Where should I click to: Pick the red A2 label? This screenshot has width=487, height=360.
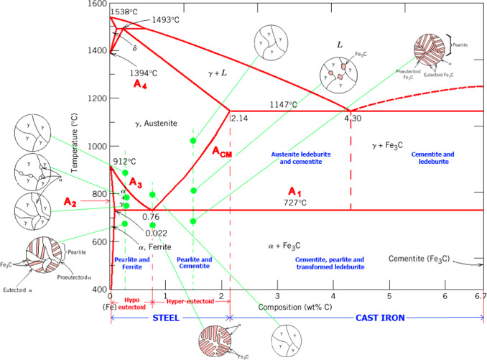69,201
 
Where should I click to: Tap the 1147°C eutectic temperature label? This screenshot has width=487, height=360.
283,104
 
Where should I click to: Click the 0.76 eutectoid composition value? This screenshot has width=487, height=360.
150,217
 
